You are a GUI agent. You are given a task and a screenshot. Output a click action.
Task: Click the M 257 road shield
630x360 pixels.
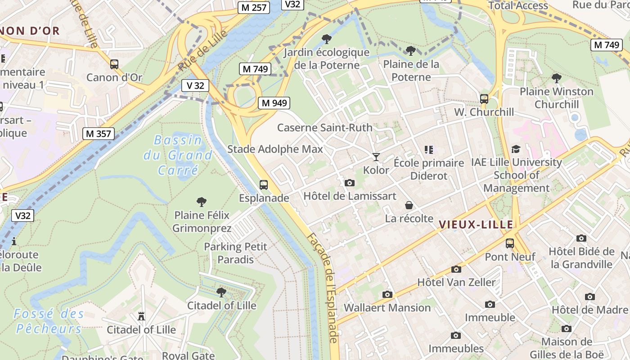pos(253,8)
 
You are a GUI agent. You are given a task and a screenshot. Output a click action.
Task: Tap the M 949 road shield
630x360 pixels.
pos(274,103)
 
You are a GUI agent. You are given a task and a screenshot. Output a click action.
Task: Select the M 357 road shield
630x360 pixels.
pos(99,134)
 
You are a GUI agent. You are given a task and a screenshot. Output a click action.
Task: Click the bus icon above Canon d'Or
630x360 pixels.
pos(114,64)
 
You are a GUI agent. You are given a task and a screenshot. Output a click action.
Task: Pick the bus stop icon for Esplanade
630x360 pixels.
pos(264,185)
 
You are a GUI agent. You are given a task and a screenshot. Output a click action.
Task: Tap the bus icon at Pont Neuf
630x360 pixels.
pos(510,243)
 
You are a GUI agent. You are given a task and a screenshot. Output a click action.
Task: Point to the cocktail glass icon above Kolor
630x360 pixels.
pos(376,157)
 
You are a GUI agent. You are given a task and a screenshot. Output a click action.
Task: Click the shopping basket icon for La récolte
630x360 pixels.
pos(409,206)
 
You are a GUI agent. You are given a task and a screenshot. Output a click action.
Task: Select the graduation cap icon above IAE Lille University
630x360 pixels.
pos(516,149)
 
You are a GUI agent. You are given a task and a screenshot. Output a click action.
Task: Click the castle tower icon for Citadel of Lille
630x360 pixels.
pos(141,316)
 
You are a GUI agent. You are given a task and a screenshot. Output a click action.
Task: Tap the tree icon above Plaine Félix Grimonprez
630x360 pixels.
pos(202,202)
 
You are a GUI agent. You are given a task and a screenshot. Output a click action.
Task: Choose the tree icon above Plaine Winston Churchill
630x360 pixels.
pos(557,78)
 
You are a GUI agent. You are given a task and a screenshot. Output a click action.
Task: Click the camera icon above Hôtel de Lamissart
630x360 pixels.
pos(349,183)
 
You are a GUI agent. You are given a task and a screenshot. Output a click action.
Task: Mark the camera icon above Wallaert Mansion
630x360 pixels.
pos(387,295)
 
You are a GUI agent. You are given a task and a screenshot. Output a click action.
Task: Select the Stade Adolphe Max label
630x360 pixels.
pos(275,149)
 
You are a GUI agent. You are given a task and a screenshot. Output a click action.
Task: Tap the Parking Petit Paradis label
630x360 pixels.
pos(235,253)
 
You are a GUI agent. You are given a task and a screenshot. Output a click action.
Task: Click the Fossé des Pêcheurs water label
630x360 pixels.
pos(49,321)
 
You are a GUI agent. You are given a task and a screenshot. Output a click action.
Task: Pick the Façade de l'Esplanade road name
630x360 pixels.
pos(322,288)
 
